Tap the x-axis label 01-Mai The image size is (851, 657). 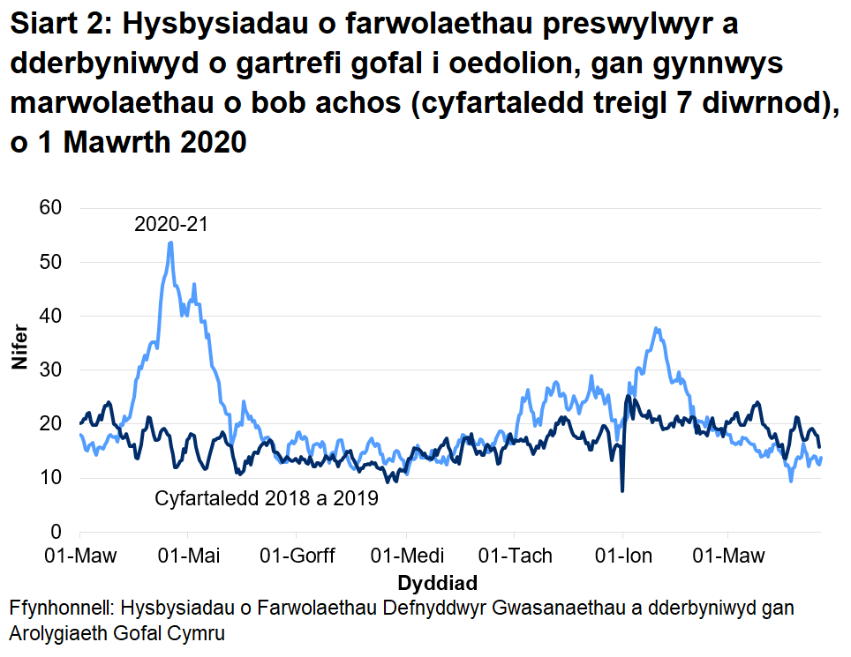pos(188,556)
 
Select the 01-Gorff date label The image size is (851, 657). pos(297,556)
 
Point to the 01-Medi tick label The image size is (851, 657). pos(407,556)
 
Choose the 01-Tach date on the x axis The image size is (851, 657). pos(515,556)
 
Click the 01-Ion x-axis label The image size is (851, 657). pos(623,556)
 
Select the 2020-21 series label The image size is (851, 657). pos(170,224)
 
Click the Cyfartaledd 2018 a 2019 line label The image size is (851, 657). pos(267,499)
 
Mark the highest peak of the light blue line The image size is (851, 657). pos(170,243)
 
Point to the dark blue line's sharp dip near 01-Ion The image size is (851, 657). pos(622,490)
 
